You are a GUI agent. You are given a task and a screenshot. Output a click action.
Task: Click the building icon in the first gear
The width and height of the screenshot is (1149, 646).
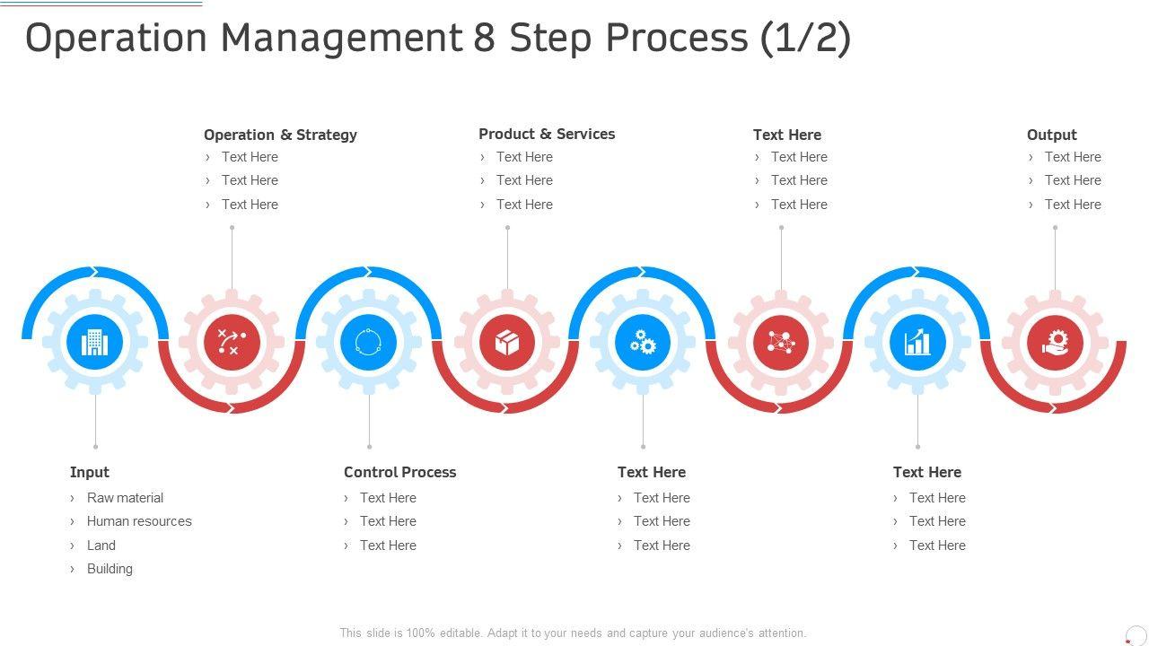[95, 342]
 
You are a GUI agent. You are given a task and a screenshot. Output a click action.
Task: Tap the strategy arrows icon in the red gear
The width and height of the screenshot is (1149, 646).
[232, 342]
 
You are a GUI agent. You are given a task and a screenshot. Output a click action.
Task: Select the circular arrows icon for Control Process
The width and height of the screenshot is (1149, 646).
[369, 342]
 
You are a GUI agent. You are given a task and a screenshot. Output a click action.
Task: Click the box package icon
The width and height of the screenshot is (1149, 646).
[507, 342]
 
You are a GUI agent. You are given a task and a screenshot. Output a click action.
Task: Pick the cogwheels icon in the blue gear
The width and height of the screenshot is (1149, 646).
[643, 342]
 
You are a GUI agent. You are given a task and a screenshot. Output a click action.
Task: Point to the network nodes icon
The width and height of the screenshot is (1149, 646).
[781, 342]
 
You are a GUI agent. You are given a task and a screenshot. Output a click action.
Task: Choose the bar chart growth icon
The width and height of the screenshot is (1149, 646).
[917, 342]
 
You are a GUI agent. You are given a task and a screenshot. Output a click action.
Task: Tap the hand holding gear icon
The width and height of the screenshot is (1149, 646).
[1055, 342]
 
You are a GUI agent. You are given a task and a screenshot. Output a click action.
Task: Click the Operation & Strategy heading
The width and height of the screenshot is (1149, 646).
[280, 135]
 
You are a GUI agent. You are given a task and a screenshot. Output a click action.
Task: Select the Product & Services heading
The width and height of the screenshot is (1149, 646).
[547, 134]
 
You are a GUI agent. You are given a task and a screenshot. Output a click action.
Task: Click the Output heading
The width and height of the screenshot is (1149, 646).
[1051, 135]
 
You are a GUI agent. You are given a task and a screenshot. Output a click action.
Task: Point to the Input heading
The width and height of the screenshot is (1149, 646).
[90, 472]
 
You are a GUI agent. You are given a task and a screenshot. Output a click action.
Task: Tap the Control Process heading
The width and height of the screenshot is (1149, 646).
[399, 472]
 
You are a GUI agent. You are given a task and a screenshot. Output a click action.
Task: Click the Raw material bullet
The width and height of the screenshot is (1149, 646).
[125, 498]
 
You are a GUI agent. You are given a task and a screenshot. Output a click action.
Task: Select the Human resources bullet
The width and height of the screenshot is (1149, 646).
[139, 521]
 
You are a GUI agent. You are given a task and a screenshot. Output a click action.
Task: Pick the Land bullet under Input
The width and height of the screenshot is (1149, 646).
[101, 546]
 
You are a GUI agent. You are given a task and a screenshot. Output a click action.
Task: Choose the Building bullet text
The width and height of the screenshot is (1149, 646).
[110, 569]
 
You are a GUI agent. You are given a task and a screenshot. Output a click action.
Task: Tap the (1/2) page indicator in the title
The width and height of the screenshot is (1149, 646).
[804, 38]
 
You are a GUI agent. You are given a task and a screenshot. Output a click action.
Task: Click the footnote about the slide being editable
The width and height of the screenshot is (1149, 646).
[573, 633]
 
